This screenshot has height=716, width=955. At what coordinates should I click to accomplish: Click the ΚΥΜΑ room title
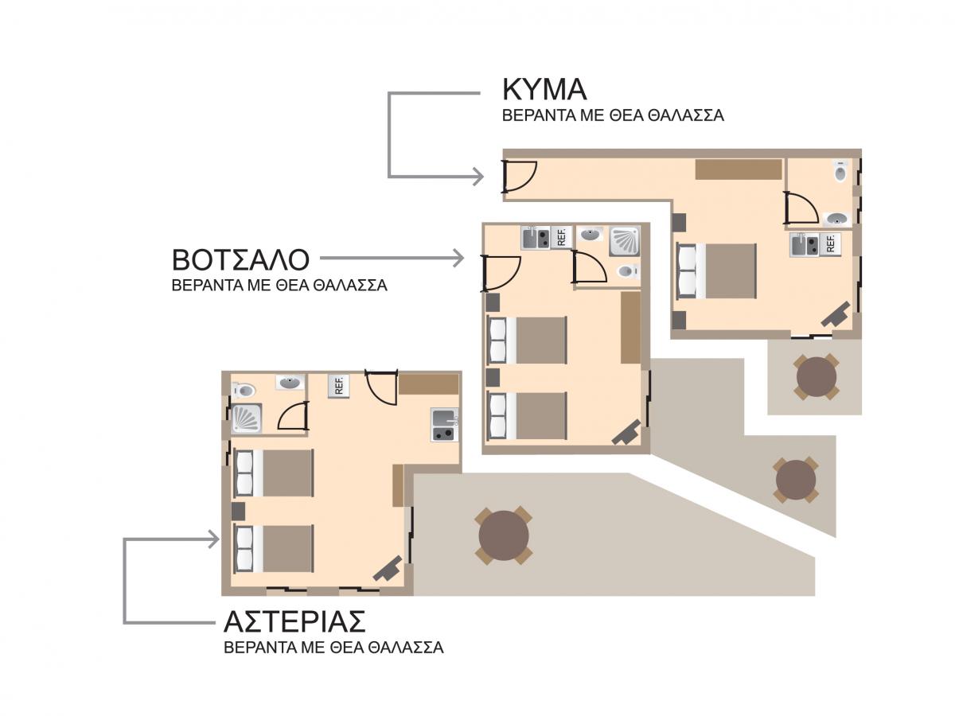pyautogui.click(x=544, y=89)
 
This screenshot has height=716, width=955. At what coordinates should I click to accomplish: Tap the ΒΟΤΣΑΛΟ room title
pyautogui.click(x=240, y=259)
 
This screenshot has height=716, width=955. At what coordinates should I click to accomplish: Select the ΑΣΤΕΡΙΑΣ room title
pyautogui.click(x=294, y=621)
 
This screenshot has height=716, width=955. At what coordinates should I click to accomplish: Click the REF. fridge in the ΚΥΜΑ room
pyautogui.click(x=830, y=244)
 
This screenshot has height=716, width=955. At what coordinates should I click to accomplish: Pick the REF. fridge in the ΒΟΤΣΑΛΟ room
pyautogui.click(x=561, y=237)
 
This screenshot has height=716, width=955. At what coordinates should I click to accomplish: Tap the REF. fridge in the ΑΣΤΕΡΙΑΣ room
pyautogui.click(x=338, y=386)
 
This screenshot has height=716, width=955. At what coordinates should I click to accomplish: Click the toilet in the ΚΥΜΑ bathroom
pyautogui.click(x=840, y=171)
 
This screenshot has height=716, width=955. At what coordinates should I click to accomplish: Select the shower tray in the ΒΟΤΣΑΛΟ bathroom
pyautogui.click(x=625, y=240)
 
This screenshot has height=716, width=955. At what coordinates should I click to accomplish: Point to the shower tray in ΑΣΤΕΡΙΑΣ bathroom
pyautogui.click(x=247, y=418)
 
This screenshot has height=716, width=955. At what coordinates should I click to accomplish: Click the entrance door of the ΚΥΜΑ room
pyautogui.click(x=518, y=176)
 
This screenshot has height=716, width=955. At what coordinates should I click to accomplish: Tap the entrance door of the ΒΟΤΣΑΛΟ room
pyautogui.click(x=501, y=273)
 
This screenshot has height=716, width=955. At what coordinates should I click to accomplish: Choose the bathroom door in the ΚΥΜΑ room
pyautogui.click(x=801, y=208)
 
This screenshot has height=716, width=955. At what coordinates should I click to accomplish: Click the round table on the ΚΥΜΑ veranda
pyautogui.click(x=816, y=376)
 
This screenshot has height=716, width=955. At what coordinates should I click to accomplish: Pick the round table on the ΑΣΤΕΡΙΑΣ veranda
pyautogui.click(x=504, y=535)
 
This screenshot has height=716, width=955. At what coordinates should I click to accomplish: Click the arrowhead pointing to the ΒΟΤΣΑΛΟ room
pyautogui.click(x=458, y=258)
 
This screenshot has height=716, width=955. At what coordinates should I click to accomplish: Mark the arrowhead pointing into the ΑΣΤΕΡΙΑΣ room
pyautogui.click(x=214, y=539)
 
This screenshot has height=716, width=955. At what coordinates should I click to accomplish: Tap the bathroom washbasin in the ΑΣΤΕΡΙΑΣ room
pyautogui.click(x=290, y=383)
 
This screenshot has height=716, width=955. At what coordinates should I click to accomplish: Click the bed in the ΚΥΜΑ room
pyautogui.click(x=716, y=270)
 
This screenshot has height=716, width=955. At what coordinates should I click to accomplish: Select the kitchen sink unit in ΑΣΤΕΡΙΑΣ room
pyautogui.click(x=444, y=424)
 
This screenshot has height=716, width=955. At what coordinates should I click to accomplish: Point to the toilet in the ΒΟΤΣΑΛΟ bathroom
pyautogui.click(x=628, y=272)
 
